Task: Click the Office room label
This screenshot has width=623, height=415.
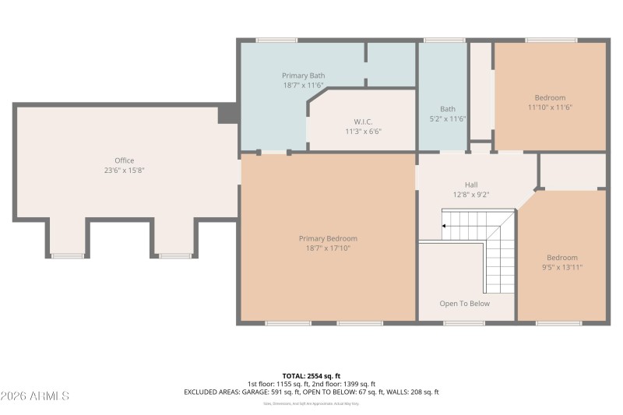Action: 125,160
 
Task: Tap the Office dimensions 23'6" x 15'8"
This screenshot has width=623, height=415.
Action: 125,170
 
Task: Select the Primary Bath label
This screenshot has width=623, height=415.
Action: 303,76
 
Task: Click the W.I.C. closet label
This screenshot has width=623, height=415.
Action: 363,121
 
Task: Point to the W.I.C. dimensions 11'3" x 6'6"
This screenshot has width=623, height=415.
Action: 363,132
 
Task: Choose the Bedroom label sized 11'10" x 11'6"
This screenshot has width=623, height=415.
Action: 550,97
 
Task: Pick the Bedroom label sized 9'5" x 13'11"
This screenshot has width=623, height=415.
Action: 561,258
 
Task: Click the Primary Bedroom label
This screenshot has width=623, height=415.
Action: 328,238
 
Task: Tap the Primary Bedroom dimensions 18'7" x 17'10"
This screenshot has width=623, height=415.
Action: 328,248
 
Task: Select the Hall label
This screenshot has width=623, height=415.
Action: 471,185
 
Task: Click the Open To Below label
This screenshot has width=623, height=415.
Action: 465,304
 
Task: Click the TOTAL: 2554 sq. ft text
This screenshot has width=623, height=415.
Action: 311,375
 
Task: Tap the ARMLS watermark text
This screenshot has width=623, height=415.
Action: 35,396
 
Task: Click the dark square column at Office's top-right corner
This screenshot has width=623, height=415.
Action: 227,114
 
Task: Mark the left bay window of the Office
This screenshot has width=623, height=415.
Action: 68,255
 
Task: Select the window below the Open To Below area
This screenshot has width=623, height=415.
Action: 465,323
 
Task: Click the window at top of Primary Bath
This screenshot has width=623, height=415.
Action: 276,40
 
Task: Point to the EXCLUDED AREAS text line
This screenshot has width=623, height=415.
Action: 311,392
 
